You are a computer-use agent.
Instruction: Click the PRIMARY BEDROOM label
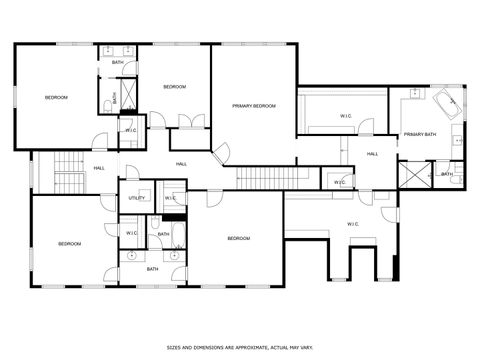click(x=253, y=105)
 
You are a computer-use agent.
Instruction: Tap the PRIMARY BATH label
click(x=421, y=134)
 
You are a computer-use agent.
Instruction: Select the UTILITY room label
click(x=137, y=198)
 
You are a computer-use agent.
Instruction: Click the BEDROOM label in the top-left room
click(x=56, y=97)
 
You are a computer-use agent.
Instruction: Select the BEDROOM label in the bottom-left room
click(x=68, y=244)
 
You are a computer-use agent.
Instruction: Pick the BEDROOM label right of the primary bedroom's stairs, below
click(x=238, y=238)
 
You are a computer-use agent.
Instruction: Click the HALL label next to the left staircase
click(x=99, y=168)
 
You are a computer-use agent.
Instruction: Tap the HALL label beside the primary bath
click(x=372, y=154)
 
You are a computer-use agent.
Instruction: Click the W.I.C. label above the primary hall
click(x=346, y=116)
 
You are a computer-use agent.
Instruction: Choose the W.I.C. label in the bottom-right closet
click(x=353, y=224)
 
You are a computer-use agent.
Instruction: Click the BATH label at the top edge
click(x=118, y=64)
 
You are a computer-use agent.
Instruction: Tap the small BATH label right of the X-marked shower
click(x=447, y=175)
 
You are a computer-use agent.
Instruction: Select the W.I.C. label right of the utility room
click(x=170, y=198)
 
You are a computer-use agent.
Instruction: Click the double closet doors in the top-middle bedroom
click(x=185, y=121)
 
